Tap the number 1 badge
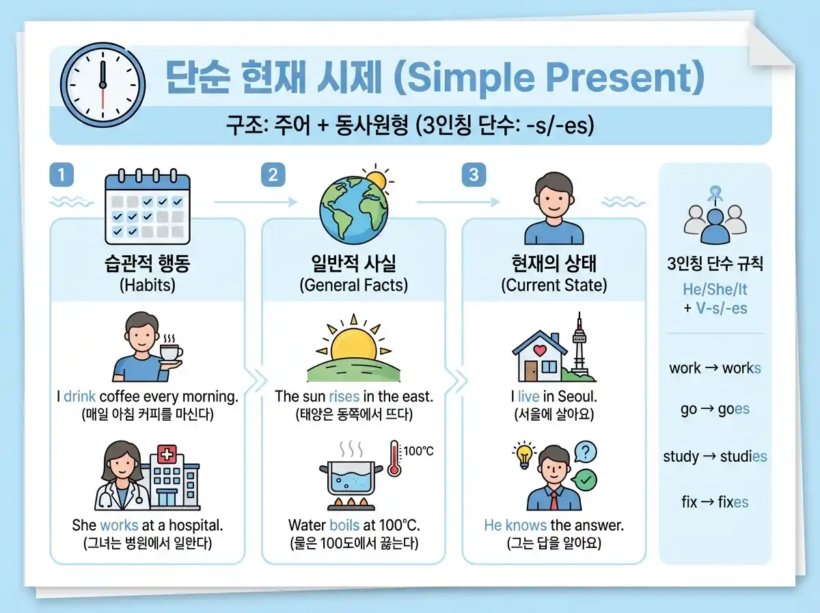61,175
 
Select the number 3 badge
473,175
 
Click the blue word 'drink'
80,397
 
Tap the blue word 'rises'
344,397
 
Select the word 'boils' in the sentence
344,525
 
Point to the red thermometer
394,459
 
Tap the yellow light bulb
524,454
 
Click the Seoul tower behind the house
579,345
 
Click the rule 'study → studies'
715,457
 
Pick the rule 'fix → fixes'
715,502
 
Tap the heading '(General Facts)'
353,285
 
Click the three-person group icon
715,218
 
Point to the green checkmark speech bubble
585,480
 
